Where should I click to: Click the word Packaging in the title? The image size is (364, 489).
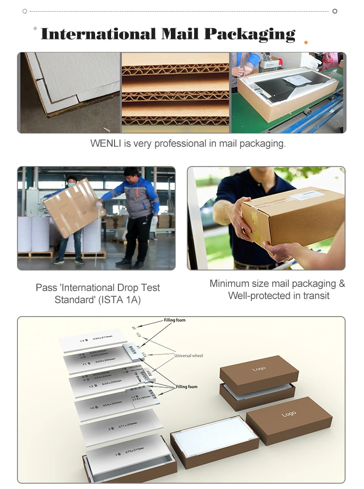(249, 34)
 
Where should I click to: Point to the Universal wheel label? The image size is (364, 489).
(188, 356)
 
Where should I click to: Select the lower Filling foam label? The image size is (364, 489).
(186, 387)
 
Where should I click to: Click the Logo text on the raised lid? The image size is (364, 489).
(259, 370)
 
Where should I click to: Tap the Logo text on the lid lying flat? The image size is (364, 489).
(289, 414)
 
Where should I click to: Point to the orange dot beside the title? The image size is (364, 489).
(306, 43)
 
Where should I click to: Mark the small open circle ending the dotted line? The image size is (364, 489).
(335, 11)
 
